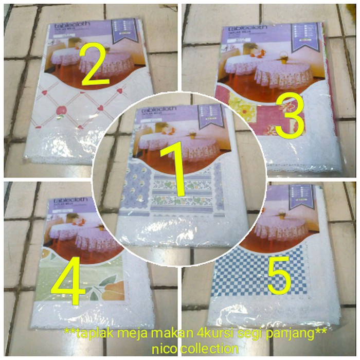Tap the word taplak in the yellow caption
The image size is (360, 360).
click(x=92, y=334)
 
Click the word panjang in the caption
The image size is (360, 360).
click(x=294, y=334)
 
